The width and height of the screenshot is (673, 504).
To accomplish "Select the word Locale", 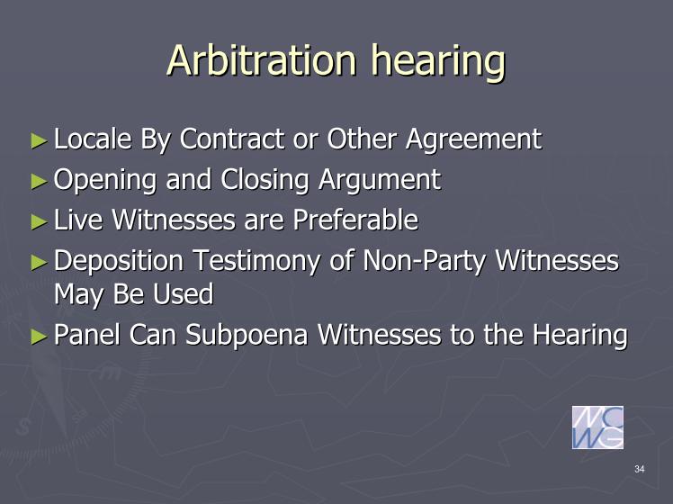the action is point(93,139).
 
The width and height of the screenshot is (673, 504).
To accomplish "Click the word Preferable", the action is point(355,220).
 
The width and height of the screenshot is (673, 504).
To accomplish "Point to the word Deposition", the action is point(119,262).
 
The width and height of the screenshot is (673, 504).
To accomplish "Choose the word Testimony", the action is point(256,262).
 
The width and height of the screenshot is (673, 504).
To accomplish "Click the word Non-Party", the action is point(424,262).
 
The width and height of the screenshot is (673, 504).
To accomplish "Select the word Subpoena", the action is point(247,336).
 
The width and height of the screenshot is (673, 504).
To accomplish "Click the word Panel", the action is point(87,334).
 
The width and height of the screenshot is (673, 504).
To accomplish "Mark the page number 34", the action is point(640,469).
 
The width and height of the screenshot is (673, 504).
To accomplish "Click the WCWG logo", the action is point(597,427).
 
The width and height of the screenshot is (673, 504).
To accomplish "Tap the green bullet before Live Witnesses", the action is point(39,221).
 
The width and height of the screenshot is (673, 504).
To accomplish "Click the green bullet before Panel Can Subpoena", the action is point(39,337).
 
